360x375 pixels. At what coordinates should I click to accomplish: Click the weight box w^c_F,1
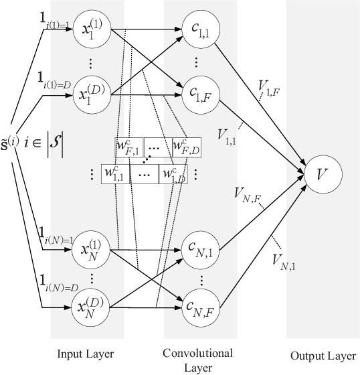129,146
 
